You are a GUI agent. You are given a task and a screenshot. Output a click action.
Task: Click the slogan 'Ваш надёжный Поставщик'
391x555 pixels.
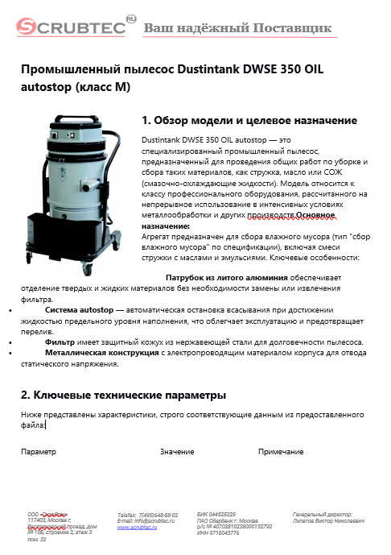237,29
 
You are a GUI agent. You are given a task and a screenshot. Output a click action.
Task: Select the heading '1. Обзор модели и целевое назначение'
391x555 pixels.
249,121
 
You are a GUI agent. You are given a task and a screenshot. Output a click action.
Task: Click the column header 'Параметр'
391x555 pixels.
39,452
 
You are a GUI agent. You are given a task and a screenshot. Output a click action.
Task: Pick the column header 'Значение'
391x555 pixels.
177,452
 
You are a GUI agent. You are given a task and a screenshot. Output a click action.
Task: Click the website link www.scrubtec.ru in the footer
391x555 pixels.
137,527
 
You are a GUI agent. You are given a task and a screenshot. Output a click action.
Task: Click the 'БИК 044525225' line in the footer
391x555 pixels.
216,513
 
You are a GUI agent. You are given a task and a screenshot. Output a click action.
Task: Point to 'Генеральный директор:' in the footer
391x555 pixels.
323,513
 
